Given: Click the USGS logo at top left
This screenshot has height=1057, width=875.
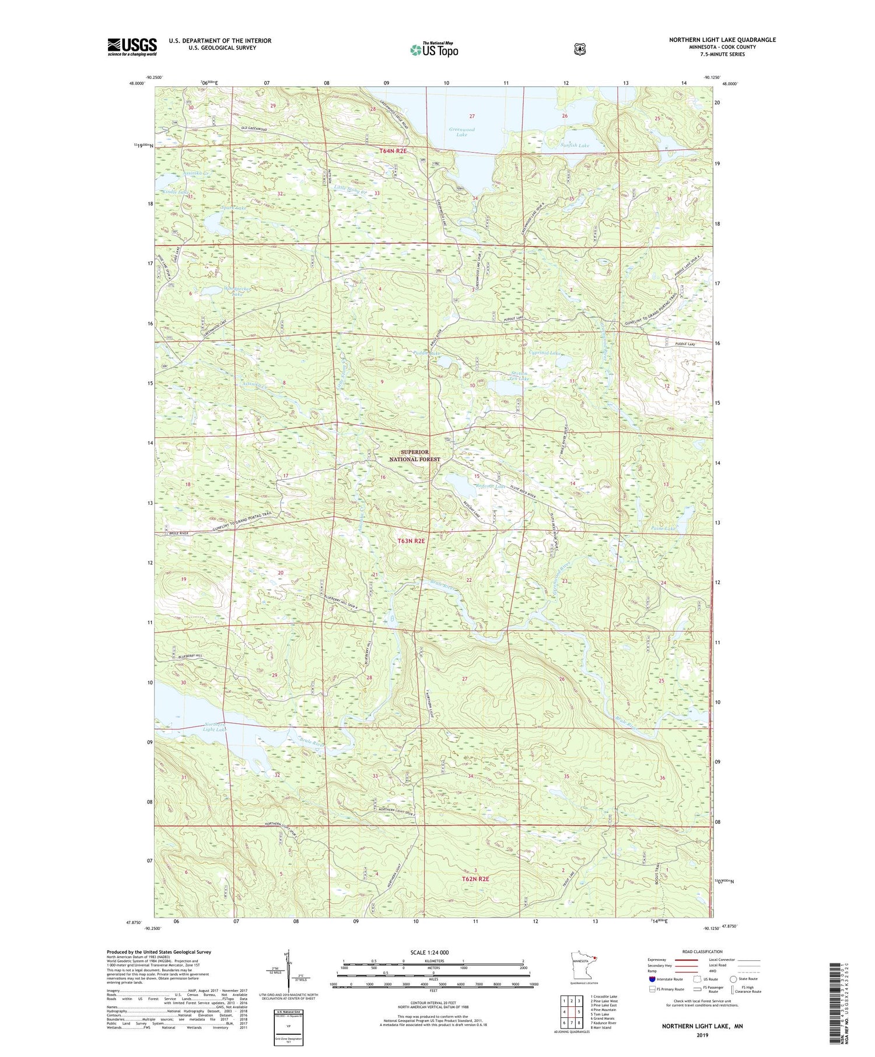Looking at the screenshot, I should click(132, 47).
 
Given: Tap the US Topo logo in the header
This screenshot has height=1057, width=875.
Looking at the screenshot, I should click(434, 50).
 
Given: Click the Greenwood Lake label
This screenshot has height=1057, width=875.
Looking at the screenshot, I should click(461, 132).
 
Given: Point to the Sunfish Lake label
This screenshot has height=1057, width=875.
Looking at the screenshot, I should click(575, 145).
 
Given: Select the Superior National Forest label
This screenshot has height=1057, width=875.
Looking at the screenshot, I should click(414, 455).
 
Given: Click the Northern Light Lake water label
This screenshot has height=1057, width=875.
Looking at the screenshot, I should click(214, 726).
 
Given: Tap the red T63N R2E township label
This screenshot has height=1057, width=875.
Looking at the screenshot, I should click(412, 540).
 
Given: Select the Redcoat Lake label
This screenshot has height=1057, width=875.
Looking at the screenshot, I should click(474, 486).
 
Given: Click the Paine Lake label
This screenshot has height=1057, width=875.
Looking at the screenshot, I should click(663, 528).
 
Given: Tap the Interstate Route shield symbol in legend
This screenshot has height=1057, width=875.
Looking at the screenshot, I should click(652, 979).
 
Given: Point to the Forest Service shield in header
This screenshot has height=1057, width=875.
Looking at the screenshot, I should click(579, 50).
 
